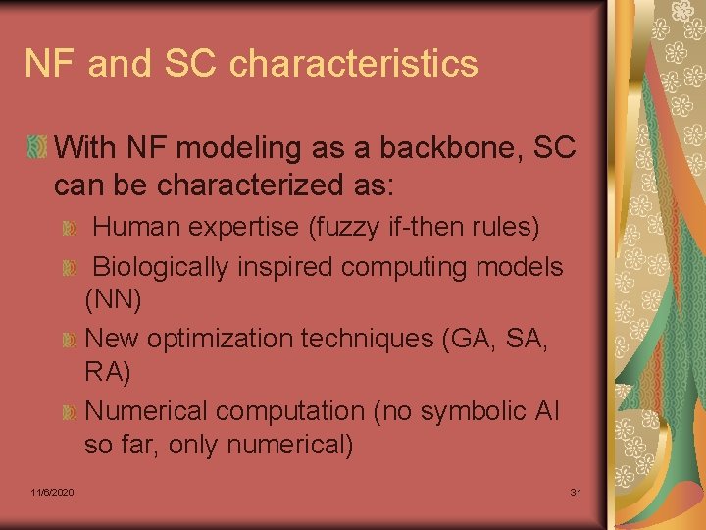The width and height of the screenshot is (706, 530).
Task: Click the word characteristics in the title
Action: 354,64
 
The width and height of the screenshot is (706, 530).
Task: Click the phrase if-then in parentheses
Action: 418,228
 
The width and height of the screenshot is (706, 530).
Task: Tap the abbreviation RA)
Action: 107,373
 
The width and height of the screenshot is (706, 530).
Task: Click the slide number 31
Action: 577,491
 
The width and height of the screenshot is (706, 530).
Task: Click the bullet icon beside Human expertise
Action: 70,230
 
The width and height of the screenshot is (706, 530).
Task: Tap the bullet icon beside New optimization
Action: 70,341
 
